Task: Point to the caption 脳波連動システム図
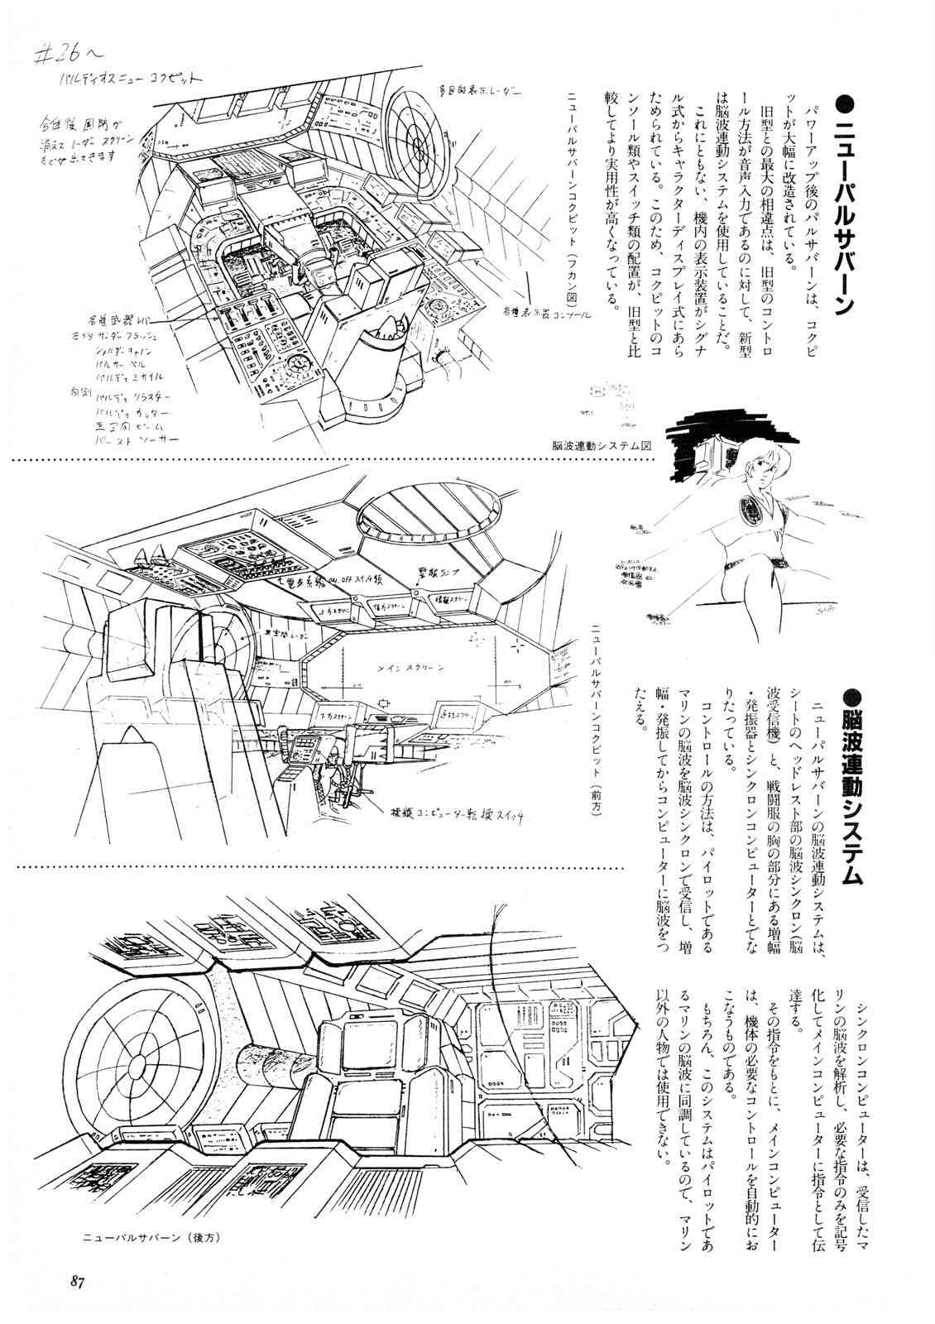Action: [x=602, y=444]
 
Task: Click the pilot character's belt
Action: [x=751, y=567]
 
